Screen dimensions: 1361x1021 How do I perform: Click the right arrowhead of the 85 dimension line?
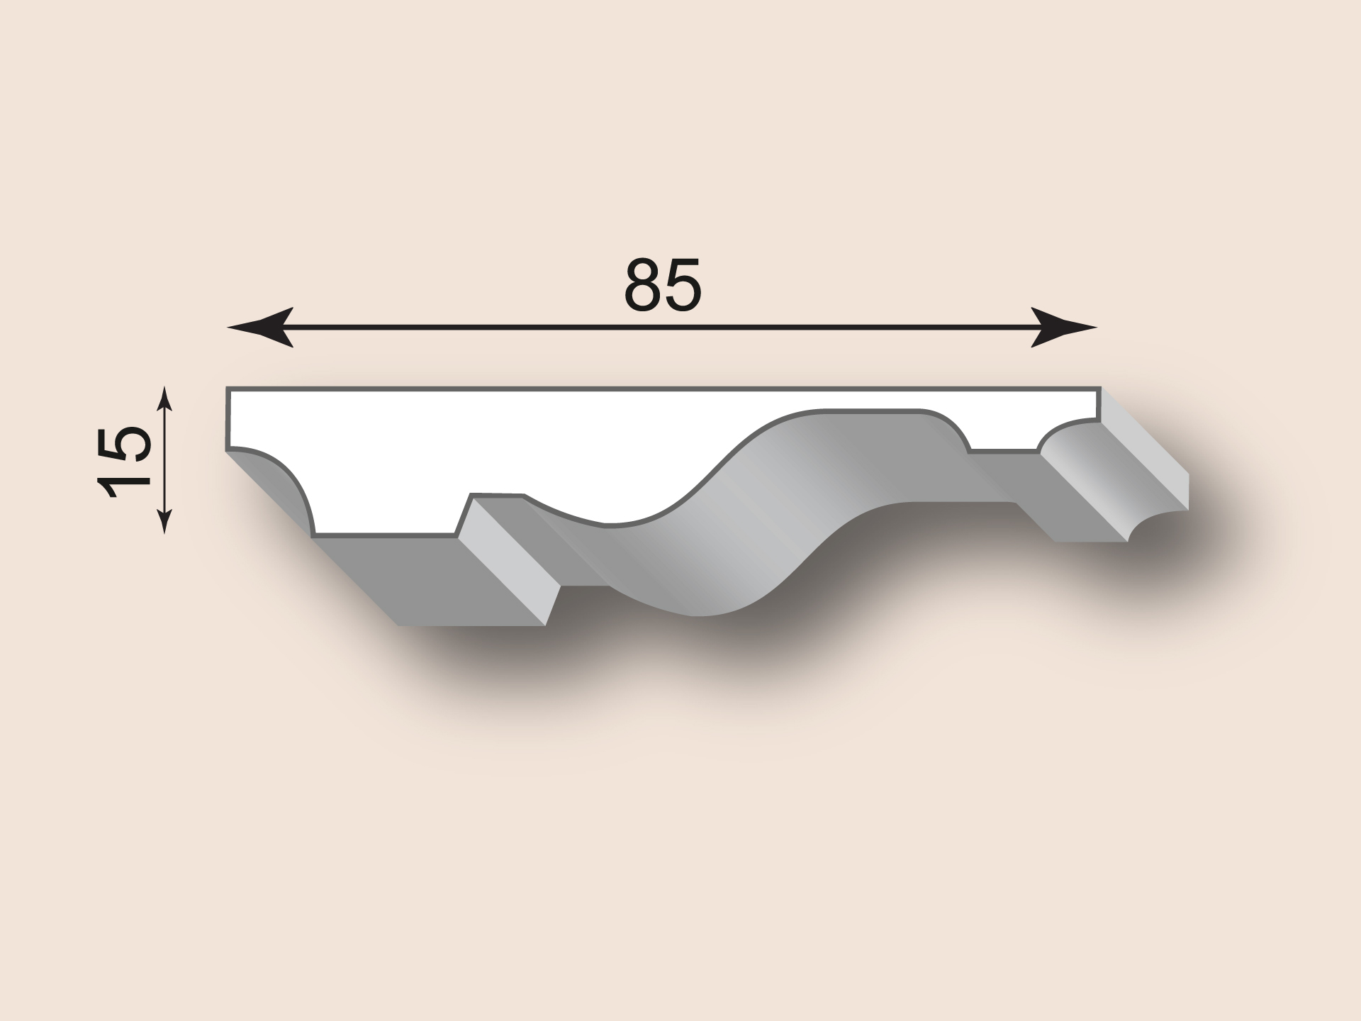coord(1064,328)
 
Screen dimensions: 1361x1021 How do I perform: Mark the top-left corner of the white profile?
coord(227,388)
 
